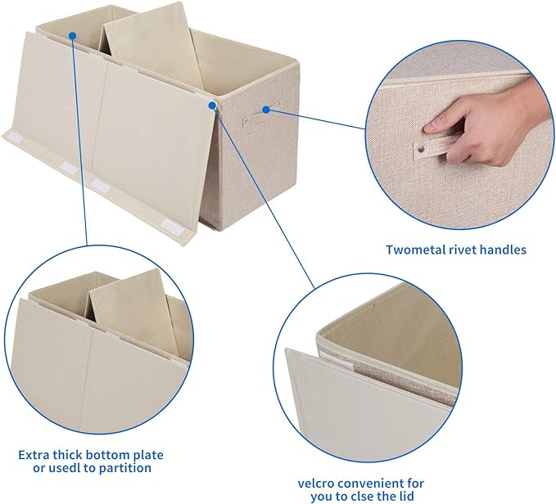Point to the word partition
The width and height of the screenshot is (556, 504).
click(x=123, y=468)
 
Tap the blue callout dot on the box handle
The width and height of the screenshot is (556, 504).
click(x=266, y=107)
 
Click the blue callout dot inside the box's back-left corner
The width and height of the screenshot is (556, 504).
click(x=71, y=35)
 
